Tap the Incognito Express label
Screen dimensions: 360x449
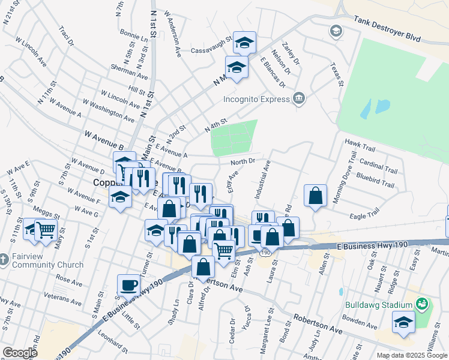(256, 99)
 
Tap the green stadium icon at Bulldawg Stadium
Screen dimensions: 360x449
(422, 304)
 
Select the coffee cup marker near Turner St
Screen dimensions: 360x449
(129, 285)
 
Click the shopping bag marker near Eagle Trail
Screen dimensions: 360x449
(315, 195)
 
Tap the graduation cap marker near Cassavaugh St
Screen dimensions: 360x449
(244, 43)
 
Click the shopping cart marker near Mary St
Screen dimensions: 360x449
(46, 229)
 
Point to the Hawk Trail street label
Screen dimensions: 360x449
(360, 142)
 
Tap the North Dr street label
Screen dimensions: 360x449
(244, 161)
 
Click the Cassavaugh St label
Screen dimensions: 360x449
(211, 50)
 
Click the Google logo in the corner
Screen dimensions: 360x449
(20, 353)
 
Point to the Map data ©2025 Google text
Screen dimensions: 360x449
(411, 355)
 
